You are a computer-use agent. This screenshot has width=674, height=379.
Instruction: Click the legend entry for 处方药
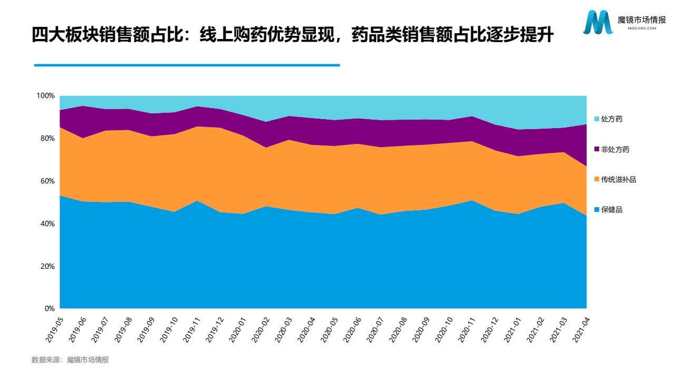pyautogui.click(x=611, y=119)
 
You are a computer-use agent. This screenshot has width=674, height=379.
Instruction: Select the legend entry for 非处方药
pyautogui.click(x=615, y=150)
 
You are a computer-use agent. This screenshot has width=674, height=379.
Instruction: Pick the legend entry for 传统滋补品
pyautogui.click(x=618, y=180)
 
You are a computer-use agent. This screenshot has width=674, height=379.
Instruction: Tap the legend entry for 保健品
pyautogui.click(x=611, y=210)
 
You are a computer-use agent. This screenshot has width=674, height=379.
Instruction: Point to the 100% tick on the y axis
pyautogui.click(x=45, y=96)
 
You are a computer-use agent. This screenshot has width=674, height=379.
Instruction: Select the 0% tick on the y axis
pyautogui.click(x=49, y=309)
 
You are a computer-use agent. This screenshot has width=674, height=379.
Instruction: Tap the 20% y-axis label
pyautogui.click(x=47, y=266)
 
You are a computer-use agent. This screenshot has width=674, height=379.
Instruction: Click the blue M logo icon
pyautogui.click(x=598, y=22)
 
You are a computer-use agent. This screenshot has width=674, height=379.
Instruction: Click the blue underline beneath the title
pyautogui.click(x=187, y=65)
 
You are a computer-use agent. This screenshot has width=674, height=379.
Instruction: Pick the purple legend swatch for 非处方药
pyautogui.click(x=597, y=150)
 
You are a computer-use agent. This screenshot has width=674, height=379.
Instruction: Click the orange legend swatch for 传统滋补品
pyautogui.click(x=597, y=180)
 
